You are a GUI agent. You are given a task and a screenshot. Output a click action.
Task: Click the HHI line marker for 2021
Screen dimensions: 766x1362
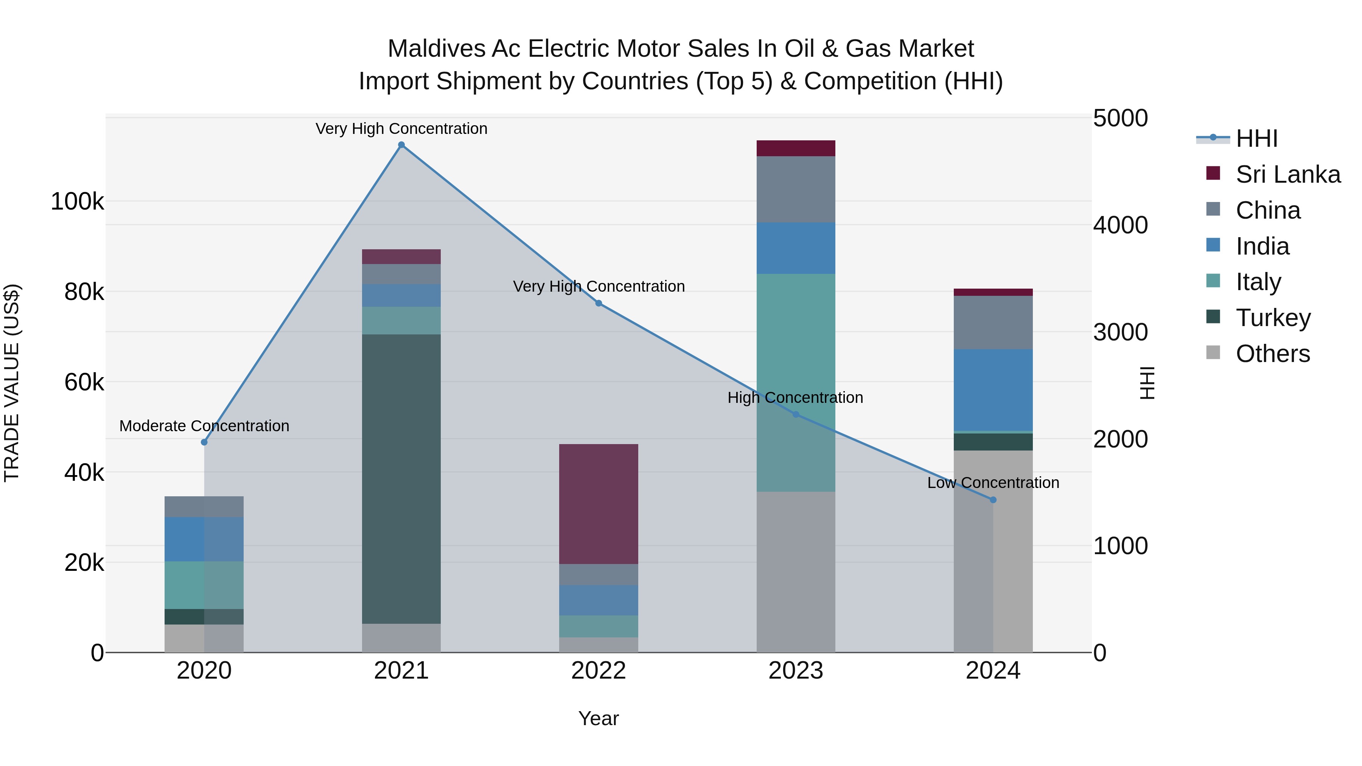pos(401,145)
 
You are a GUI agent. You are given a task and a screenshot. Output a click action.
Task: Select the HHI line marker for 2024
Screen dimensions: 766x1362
pos(993,500)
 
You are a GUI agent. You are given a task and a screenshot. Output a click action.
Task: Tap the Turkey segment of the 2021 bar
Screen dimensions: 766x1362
pos(401,479)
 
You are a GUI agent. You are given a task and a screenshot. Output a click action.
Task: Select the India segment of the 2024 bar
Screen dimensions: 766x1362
pos(993,390)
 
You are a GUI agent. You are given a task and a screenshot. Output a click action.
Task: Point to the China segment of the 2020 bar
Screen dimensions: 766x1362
pos(204,507)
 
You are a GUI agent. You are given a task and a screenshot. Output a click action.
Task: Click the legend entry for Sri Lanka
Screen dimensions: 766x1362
pos(1287,174)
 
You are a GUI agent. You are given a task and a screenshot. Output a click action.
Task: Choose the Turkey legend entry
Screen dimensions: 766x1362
pos(1273,318)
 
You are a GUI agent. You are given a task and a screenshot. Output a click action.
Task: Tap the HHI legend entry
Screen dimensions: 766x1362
pos(1256,138)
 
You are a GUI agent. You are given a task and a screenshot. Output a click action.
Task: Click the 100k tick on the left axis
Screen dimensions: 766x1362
pos(77,201)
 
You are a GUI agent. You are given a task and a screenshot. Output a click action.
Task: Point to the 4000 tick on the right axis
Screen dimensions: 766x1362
pos(1120,225)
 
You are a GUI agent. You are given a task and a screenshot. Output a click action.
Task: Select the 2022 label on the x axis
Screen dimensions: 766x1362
pos(599,671)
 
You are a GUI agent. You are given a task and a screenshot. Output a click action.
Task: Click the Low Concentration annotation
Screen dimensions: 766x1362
pos(993,483)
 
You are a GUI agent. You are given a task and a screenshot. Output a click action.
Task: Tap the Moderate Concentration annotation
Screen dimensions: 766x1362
pos(204,426)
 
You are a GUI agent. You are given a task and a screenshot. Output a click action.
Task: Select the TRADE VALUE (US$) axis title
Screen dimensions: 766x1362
pos(12,383)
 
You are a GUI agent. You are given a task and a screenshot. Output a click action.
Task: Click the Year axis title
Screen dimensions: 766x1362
pos(599,718)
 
